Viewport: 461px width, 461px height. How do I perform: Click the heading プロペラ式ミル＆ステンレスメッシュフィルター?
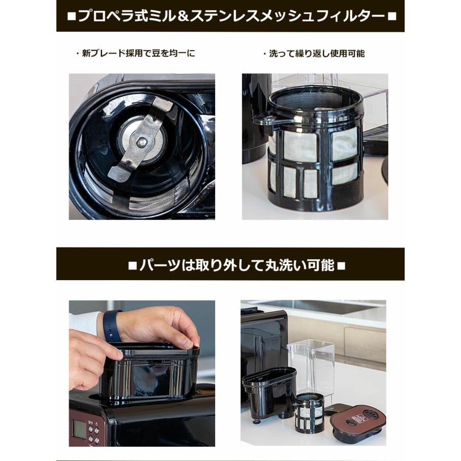tap(230, 16)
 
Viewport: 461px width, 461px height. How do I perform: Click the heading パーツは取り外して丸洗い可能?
tap(230, 265)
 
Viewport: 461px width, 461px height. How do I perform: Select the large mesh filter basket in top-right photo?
tap(313, 149)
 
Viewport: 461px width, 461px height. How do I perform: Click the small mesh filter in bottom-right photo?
tap(309, 413)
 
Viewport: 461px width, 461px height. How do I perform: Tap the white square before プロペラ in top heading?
tap(71, 16)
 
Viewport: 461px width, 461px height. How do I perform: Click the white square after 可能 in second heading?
tap(342, 265)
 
